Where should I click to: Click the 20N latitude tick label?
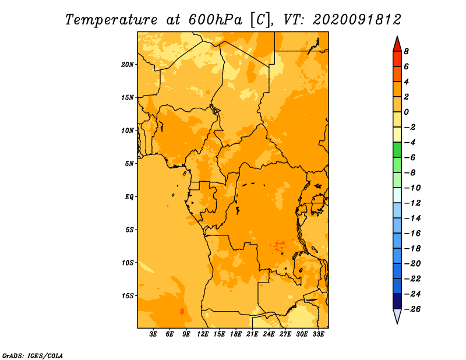[128, 65]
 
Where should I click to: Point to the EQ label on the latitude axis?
[129, 197]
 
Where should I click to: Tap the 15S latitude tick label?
[128, 296]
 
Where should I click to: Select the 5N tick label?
[129, 164]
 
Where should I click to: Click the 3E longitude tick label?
[153, 334]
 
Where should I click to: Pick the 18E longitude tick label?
[236, 334]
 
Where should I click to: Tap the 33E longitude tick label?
[318, 334]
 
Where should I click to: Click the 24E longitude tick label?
[269, 334]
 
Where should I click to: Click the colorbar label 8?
[406, 51]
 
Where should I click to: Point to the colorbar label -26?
[412, 309]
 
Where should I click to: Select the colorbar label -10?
[412, 188]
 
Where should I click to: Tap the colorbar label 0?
[406, 112]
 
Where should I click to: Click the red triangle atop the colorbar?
[397, 45]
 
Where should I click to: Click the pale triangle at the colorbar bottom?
[397, 315]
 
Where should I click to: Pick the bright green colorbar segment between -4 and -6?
[397, 150]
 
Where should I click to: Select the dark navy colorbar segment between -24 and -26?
[397, 301]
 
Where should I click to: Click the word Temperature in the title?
[111, 20]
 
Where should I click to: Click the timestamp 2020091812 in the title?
[356, 20]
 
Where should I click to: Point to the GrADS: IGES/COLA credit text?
[33, 355]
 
